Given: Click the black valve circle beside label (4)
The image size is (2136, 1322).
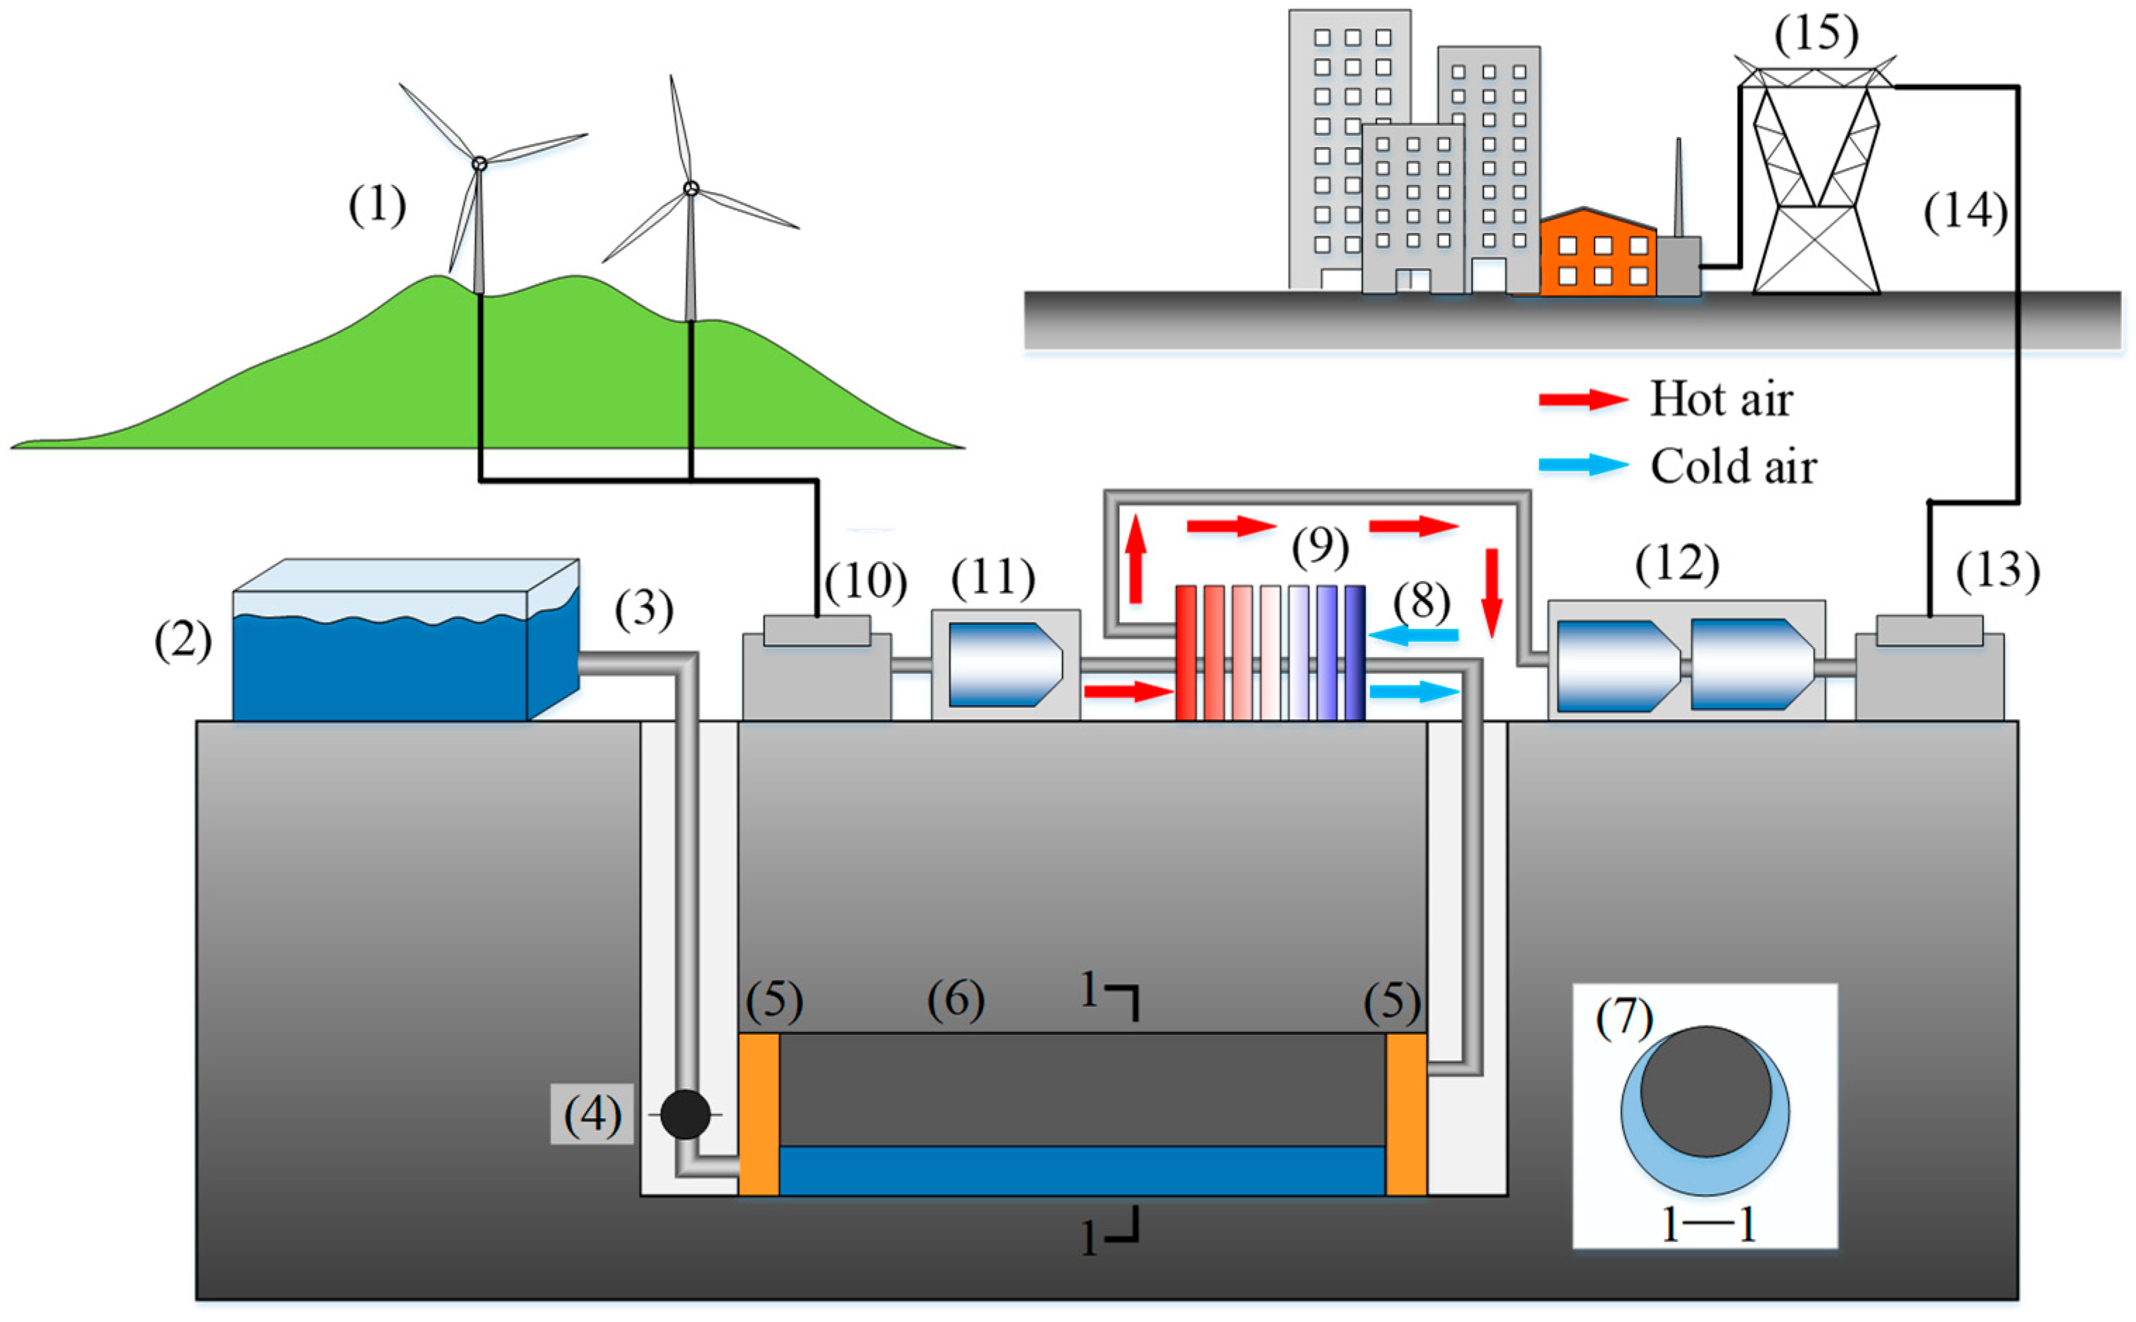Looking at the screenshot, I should [x=685, y=1113].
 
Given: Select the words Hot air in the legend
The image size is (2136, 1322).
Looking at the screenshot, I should [x=1720, y=400].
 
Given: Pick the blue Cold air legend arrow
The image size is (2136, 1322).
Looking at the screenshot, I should [x=1583, y=465].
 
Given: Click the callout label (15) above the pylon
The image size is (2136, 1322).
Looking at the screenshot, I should [x=1816, y=35].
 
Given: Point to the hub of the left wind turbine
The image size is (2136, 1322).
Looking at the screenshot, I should [x=479, y=163].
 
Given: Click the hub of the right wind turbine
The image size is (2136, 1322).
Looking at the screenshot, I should [x=690, y=188].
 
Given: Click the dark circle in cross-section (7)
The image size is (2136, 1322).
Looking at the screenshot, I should [x=1705, y=1091].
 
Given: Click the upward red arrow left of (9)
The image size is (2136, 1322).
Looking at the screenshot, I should [x=1135, y=559].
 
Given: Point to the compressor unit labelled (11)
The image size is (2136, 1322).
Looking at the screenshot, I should [x=1006, y=664].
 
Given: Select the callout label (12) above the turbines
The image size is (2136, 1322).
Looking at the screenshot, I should [x=1676, y=564].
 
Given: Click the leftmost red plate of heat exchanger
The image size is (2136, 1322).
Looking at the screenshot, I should [x=1186, y=652].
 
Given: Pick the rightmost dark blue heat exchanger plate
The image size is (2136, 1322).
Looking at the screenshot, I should [x=1354, y=652].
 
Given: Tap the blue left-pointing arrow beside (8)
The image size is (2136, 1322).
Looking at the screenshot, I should [x=1414, y=635].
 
